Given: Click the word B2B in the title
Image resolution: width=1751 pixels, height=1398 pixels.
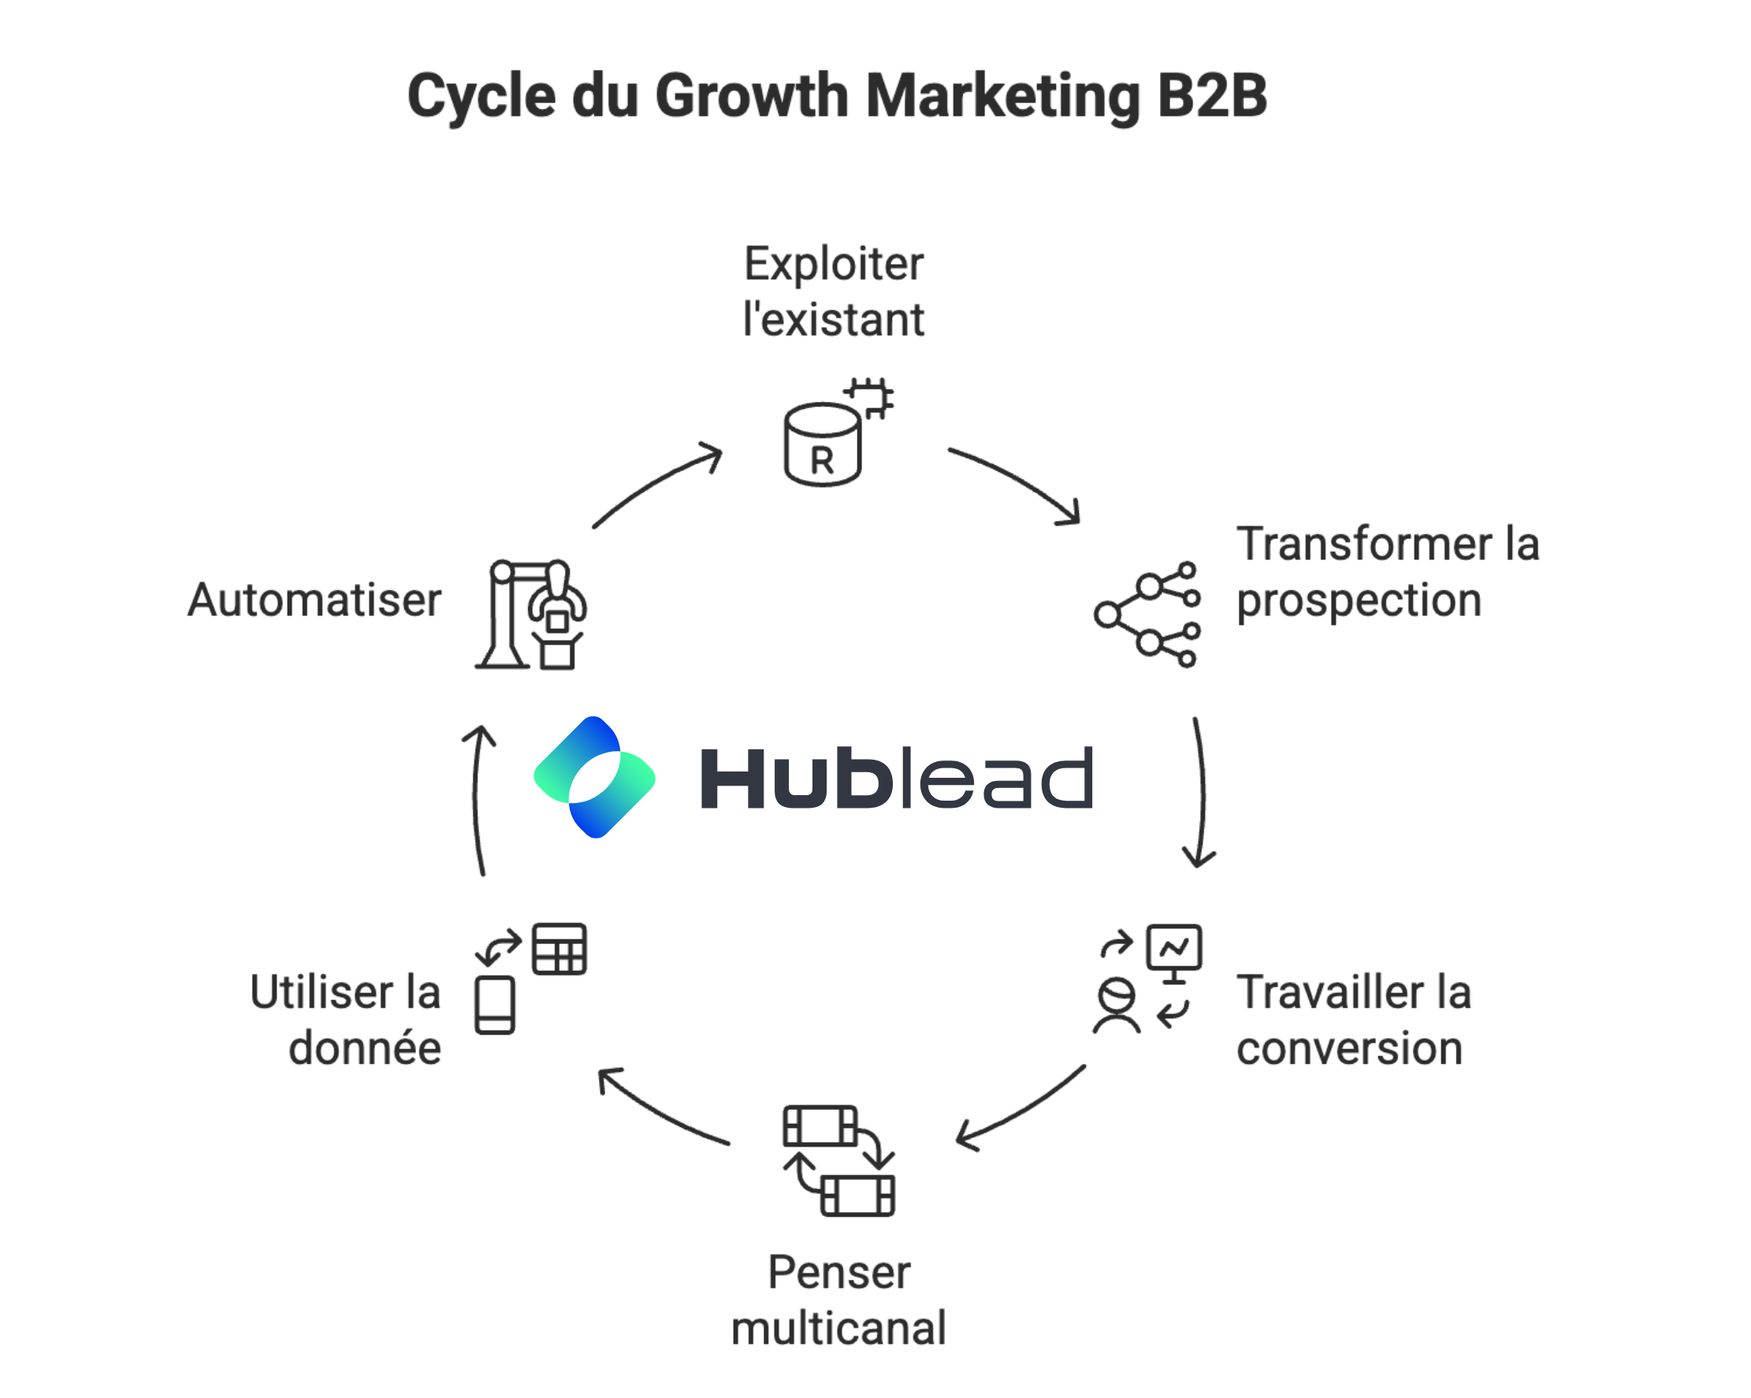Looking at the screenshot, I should [1212, 96].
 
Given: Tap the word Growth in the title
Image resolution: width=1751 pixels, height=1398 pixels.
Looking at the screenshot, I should [751, 96].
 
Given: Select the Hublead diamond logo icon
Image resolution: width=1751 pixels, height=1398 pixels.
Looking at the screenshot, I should [594, 777].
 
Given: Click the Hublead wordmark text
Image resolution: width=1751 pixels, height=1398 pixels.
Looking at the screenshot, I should [896, 779].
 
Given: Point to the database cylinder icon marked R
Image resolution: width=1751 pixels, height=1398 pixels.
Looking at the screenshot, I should [822, 444].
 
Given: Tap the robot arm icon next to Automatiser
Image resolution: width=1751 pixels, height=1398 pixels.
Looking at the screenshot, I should [532, 614].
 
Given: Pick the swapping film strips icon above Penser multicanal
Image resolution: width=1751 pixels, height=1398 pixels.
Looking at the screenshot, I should [838, 1160].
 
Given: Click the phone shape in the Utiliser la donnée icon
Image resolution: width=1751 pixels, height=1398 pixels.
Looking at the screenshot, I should [495, 1005].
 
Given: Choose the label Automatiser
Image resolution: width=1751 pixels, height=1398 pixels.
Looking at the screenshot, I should [314, 600].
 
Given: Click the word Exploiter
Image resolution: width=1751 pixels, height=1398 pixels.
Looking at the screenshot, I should [834, 264].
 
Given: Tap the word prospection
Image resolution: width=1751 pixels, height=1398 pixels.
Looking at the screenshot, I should [1359, 602].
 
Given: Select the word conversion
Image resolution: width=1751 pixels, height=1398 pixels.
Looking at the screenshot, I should [1349, 1049].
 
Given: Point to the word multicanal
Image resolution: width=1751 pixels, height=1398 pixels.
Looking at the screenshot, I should [838, 1328].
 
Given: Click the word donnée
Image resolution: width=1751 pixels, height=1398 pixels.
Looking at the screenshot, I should [365, 1048].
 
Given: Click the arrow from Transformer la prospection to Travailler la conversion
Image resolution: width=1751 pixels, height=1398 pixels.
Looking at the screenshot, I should [1201, 792].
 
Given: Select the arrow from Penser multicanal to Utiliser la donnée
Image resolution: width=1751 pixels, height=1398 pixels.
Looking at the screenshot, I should [662, 1108].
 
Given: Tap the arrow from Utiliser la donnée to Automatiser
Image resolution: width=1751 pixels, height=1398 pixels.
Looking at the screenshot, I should [478, 800].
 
